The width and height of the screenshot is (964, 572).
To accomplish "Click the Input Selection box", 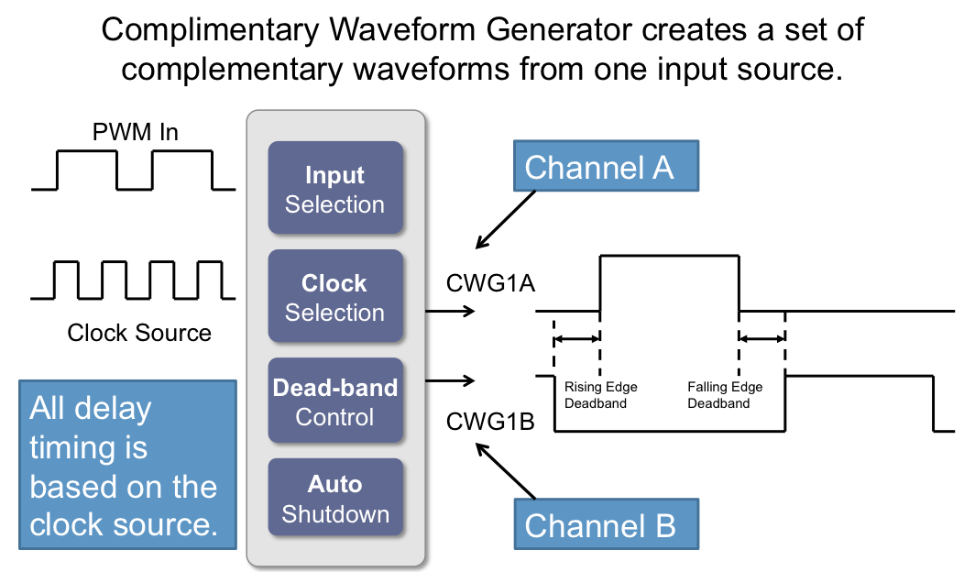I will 334,189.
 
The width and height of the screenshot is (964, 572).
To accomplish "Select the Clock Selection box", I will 334,297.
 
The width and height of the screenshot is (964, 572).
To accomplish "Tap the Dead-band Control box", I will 334,401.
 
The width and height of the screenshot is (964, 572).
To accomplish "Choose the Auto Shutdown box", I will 334,499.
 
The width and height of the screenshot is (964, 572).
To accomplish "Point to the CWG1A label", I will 490,283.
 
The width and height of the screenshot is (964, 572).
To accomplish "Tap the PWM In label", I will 136,133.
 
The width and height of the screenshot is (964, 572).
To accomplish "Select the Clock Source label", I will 139,332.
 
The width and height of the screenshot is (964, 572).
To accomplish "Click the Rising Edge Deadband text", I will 600,395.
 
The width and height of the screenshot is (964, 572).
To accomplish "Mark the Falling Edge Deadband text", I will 725,395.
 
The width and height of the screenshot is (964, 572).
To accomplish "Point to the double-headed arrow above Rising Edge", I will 577,340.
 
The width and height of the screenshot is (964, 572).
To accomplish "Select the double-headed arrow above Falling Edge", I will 761,340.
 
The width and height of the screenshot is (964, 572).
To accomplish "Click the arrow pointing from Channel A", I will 506,219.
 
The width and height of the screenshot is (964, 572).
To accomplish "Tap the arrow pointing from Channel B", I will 506,471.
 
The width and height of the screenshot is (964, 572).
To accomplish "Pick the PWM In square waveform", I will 134,170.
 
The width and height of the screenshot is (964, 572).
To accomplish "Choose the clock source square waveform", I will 134,280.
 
